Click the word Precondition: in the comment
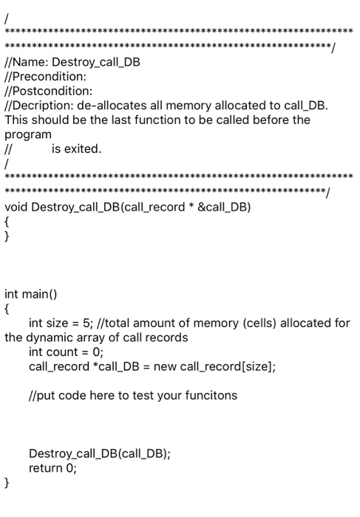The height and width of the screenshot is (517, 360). click(x=45, y=77)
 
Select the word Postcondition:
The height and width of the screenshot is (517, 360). click(x=49, y=91)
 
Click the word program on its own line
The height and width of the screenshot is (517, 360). click(x=28, y=134)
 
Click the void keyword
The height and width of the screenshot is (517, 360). click(x=16, y=207)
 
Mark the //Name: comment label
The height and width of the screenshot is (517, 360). click(x=21, y=62)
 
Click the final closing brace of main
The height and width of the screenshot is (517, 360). click(x=7, y=483)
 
